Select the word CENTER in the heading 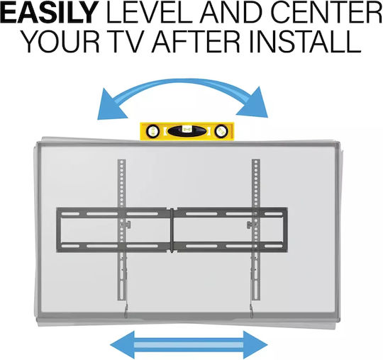[326, 12]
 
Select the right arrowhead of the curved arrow [254, 103]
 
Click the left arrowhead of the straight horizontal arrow [122, 345]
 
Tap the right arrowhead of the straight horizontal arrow [255, 345]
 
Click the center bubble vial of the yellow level [187, 131]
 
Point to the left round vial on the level [153, 132]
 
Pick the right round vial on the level [221, 132]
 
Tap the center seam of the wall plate [172, 230]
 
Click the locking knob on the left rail [128, 225]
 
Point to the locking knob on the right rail [250, 225]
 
